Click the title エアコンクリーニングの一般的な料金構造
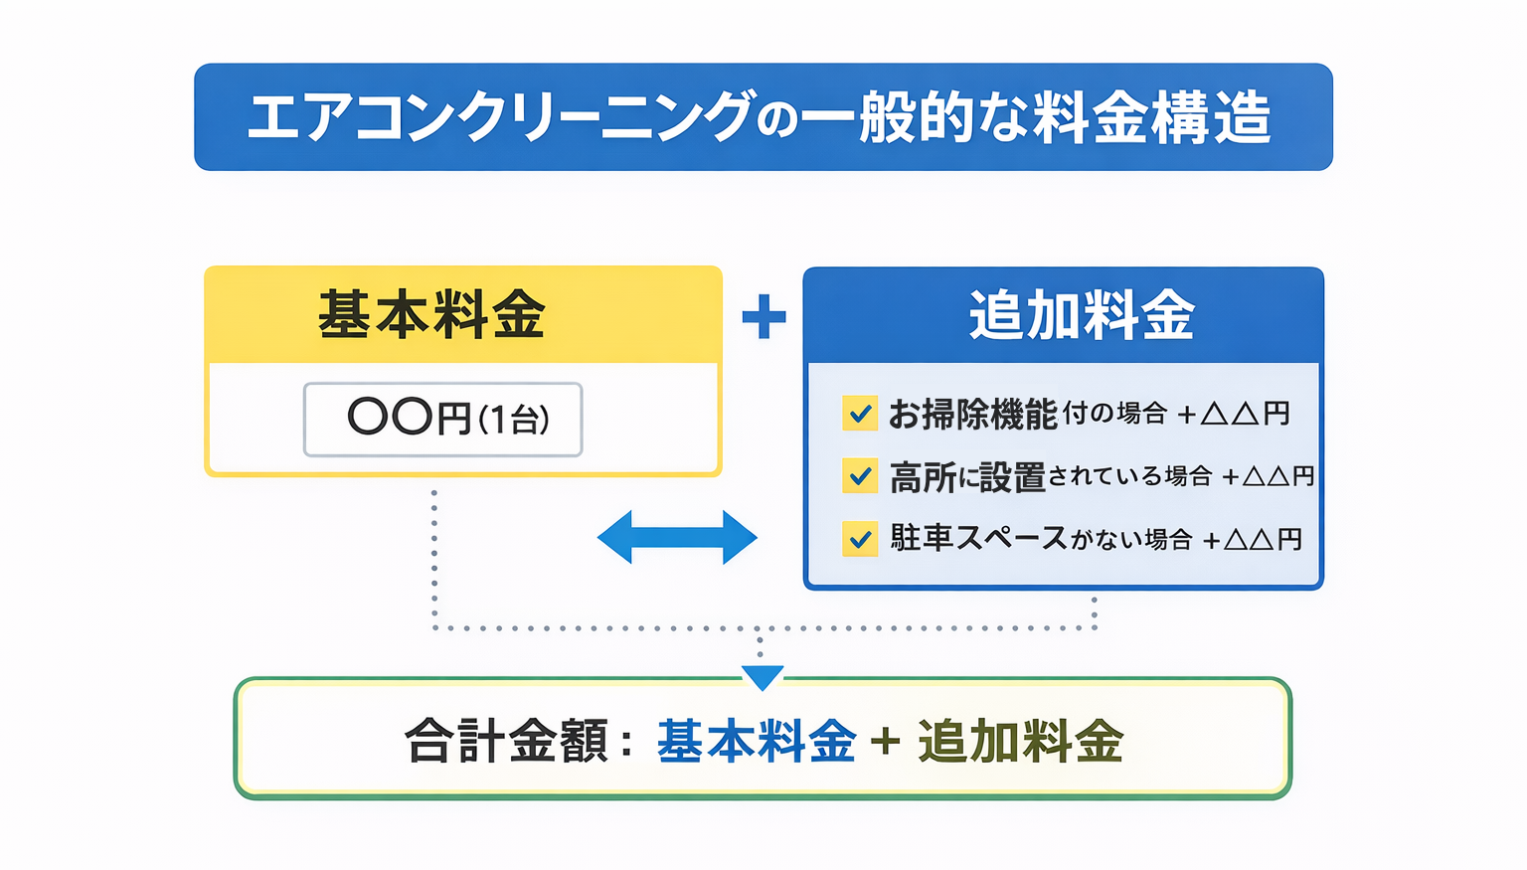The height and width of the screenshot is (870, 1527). pos(762,117)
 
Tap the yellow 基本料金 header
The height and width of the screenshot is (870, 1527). pos(431,315)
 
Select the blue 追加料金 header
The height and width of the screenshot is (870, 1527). pos(1082,315)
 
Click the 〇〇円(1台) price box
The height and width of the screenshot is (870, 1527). pos(443,419)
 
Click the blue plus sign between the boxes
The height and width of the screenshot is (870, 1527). pos(763,316)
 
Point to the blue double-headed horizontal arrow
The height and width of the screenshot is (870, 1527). pos(677,537)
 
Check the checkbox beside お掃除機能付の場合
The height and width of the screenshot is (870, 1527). pos(859,413)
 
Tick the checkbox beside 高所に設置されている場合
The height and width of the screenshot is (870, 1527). pos(859,476)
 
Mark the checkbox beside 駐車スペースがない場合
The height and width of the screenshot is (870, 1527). pos(859,539)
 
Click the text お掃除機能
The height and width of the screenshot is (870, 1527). pos(972,414)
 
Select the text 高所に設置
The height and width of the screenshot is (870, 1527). pos(967,477)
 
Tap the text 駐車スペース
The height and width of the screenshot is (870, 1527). pos(978,539)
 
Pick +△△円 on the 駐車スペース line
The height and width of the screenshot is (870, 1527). pos(1253,540)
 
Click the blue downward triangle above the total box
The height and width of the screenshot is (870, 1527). pos(763,677)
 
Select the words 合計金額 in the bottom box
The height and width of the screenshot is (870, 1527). pos(506,742)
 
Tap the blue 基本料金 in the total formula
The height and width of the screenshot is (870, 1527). pos(756,742)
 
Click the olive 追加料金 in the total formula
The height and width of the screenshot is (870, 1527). pos(1020,742)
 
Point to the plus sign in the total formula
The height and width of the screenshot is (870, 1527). pos(885,742)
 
